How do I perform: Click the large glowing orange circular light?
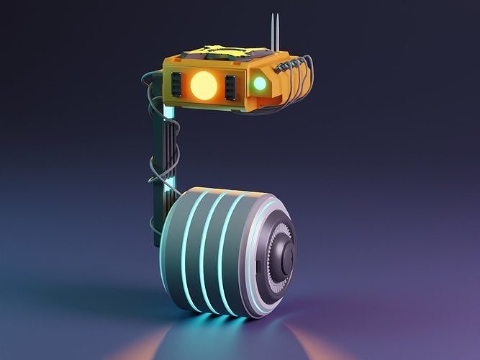203,86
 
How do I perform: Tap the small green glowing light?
259,84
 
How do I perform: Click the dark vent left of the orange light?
175,86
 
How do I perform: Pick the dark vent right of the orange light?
230,87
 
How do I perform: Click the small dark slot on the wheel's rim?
258,268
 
